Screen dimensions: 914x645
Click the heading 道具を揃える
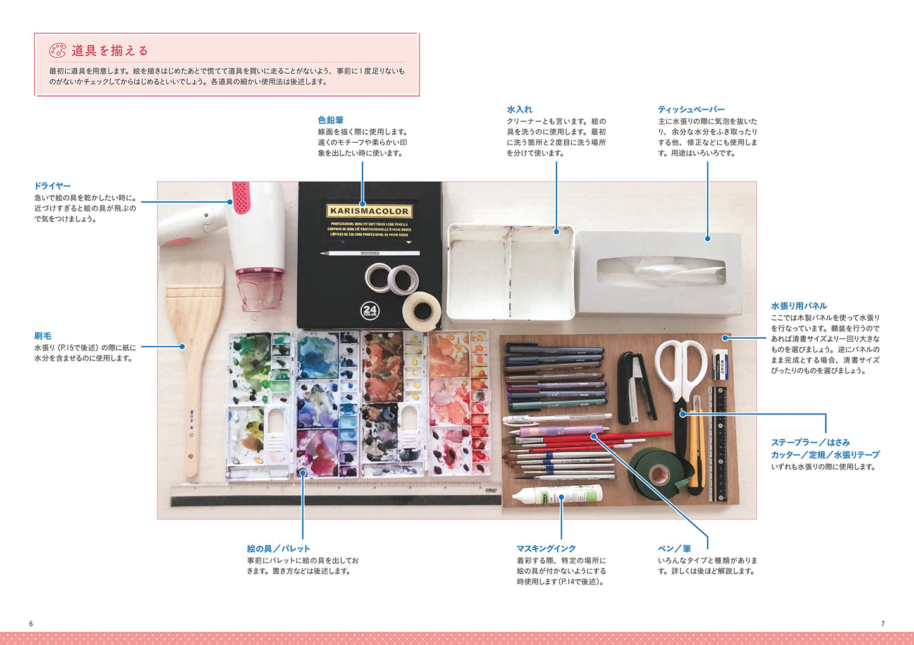coord(110,51)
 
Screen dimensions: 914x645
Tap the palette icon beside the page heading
coord(58,51)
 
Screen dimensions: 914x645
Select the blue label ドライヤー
coord(52,186)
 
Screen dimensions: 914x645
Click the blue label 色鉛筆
coord(331,120)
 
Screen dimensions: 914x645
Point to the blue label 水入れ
coord(519,109)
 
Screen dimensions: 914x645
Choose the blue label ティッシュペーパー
coord(691,109)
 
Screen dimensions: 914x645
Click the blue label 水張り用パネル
coord(799,306)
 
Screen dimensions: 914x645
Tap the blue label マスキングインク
coord(546,548)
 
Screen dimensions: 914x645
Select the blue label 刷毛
coord(43,335)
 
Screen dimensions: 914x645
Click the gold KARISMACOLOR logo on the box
coord(369,211)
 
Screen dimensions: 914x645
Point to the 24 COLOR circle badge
coord(369,311)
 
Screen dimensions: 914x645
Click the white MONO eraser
coord(720,364)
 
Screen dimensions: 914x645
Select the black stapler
coord(636,388)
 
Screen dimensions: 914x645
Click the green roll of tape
coord(658,473)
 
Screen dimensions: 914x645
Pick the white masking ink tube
coord(557,495)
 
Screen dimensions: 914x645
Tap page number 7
coord(883,624)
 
